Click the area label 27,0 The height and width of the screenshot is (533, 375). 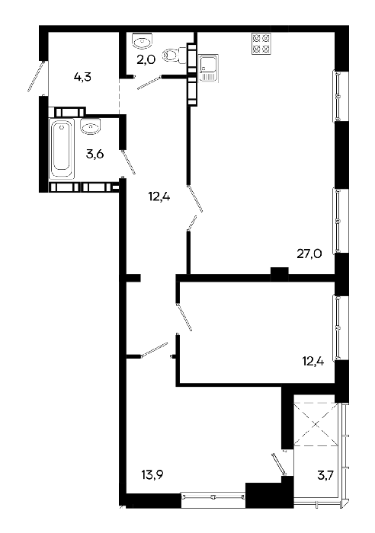click(309, 254)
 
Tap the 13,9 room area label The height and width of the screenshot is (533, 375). click(152, 474)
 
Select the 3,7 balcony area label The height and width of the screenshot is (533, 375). click(325, 475)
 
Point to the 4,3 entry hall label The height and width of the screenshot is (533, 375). click(82, 77)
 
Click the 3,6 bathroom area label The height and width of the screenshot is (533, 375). click(95, 155)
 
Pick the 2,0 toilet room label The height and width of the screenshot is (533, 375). click(146, 60)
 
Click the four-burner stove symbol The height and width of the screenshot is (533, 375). click(261, 44)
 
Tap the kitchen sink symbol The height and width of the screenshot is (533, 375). click(208, 68)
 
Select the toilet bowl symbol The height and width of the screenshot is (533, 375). click(175, 55)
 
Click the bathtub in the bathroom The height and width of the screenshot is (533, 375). click(62, 148)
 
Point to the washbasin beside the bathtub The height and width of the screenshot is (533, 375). click(91, 126)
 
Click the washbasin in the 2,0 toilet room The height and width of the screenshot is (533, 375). click(143, 41)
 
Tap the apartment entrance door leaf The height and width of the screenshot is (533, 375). click(36, 76)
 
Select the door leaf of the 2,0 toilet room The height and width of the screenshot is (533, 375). click(149, 82)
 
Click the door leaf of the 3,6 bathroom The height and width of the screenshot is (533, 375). click(129, 161)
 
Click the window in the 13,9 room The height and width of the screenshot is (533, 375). click(213, 497)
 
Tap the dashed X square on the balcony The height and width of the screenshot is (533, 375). click(316, 424)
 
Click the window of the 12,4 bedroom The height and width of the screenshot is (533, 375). click(338, 327)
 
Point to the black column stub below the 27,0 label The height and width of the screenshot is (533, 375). click(280, 273)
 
